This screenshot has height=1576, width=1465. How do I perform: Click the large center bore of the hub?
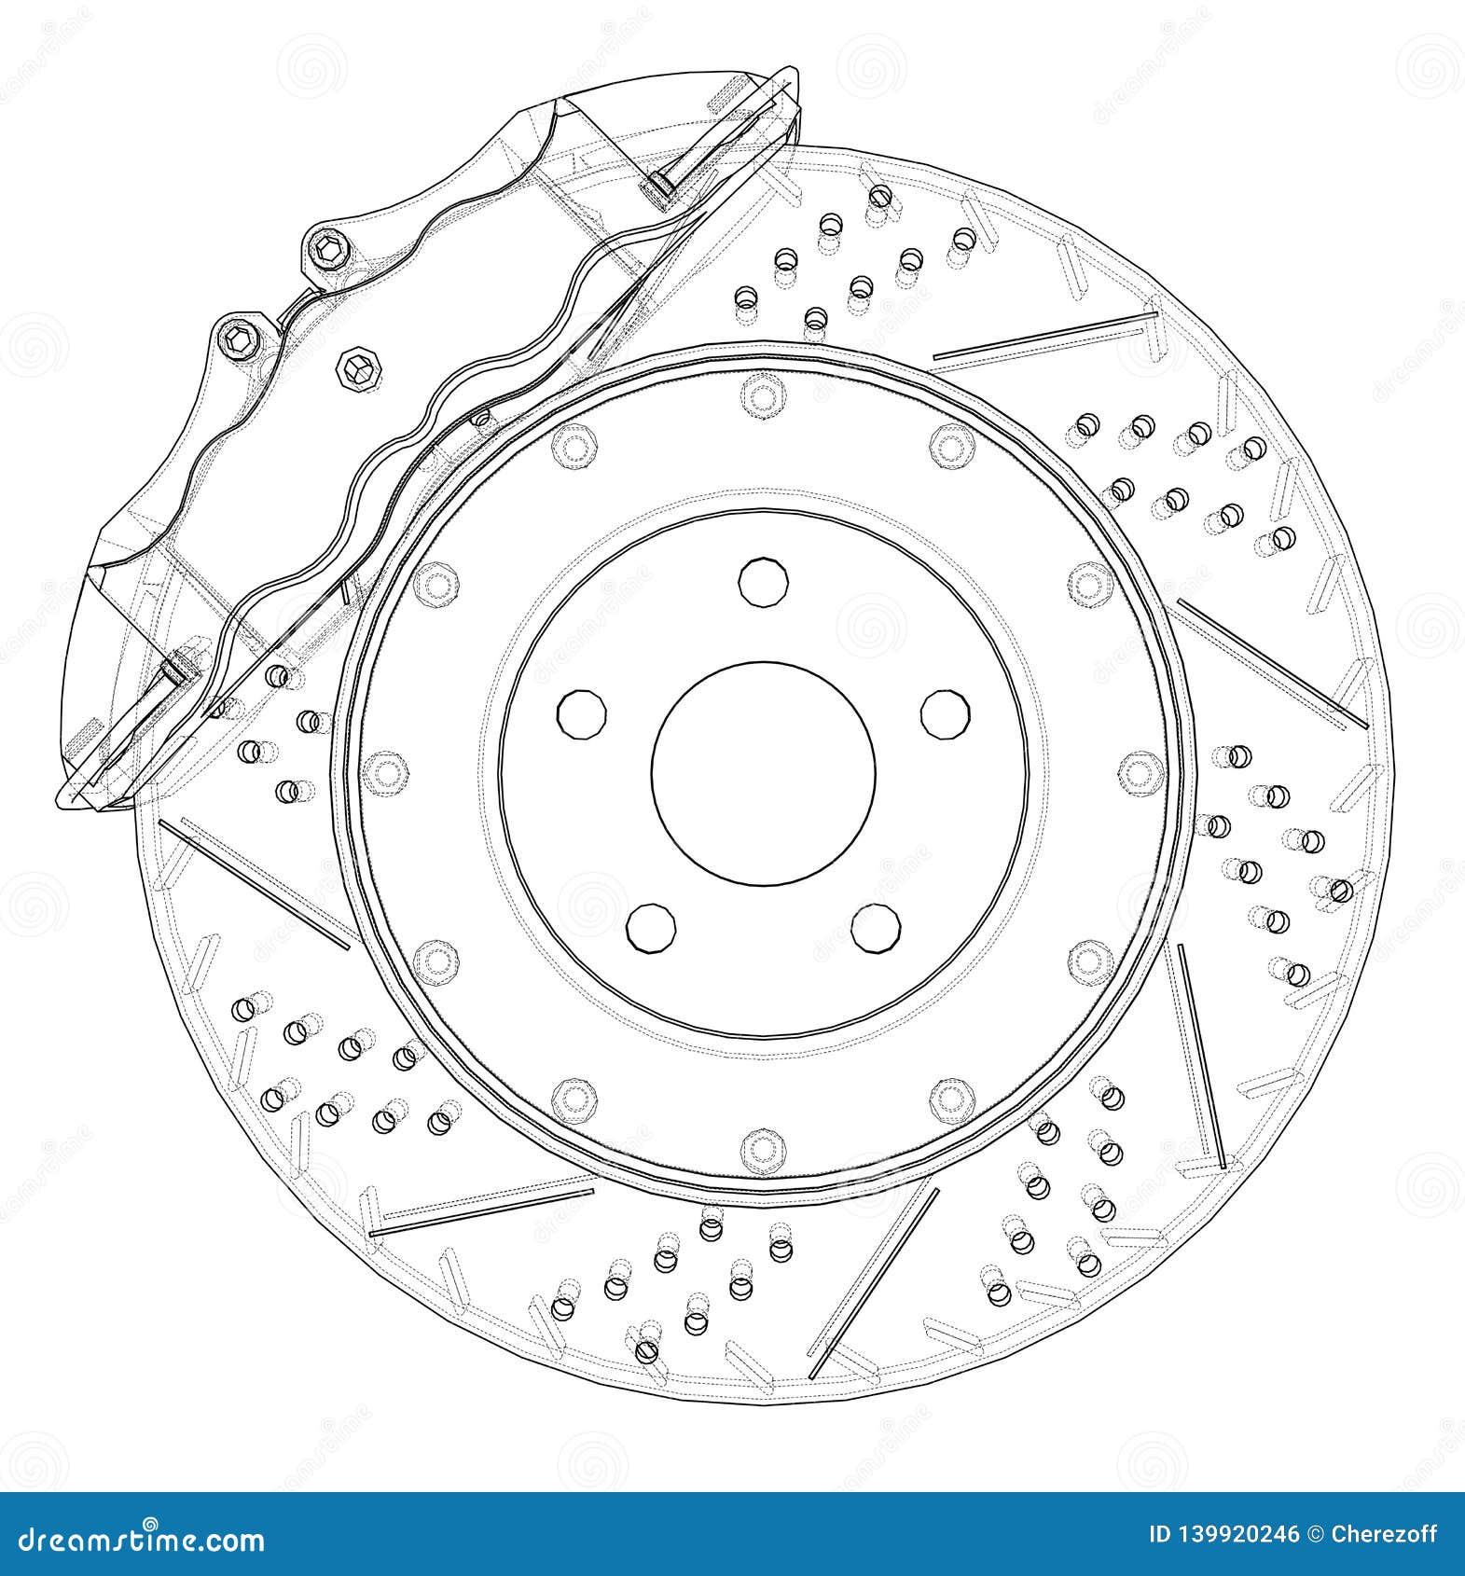coord(764,773)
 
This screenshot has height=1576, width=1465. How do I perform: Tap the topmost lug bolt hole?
coord(764,581)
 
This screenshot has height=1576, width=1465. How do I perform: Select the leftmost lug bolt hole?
coord(581,714)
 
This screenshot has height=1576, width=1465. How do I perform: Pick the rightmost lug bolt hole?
coord(946,713)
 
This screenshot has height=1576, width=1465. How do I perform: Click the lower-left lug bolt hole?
coord(651,928)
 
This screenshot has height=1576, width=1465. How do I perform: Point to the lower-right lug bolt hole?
coord(876,928)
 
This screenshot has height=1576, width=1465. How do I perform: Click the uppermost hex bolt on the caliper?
coord(328,252)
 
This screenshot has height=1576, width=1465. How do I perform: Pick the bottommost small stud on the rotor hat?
coord(764,1149)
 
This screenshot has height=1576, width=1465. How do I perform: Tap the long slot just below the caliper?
coord(254,883)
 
